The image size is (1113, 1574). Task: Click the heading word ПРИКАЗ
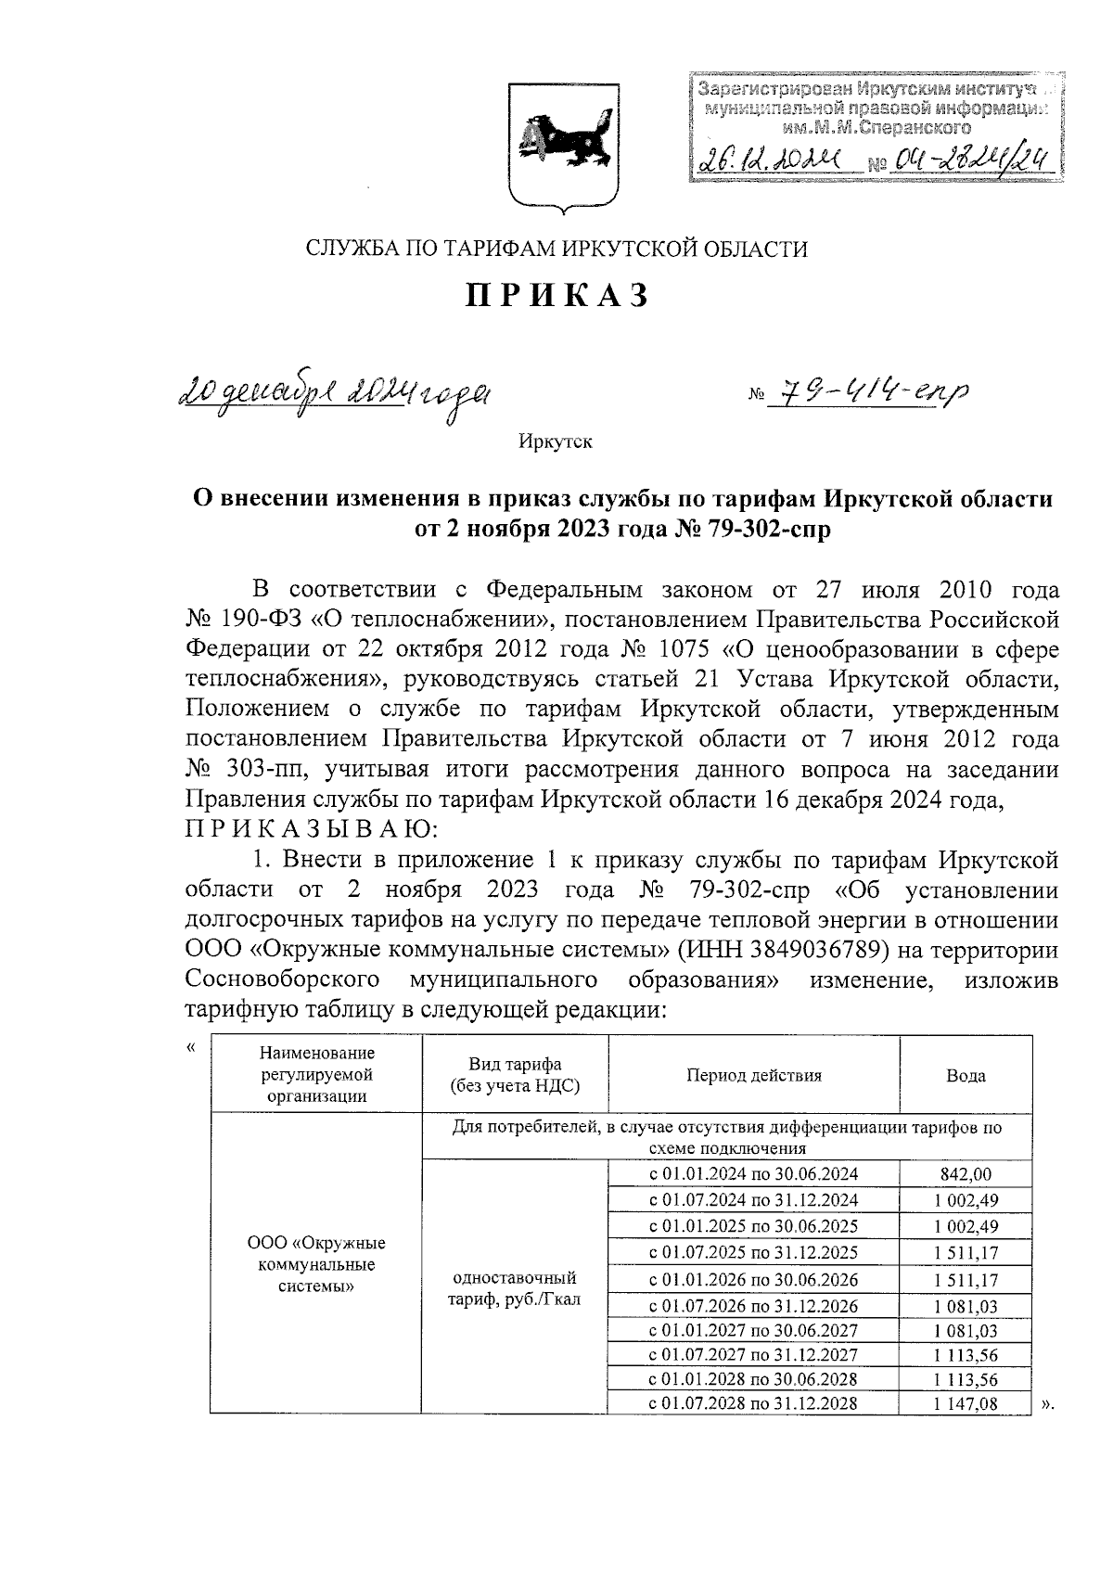(556, 296)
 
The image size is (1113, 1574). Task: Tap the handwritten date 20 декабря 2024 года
(336, 395)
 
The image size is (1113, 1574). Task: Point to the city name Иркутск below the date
(556, 441)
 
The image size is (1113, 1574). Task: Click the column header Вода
(966, 1076)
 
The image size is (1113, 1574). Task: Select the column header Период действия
(753, 1076)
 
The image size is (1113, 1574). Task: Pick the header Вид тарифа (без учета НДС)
(515, 1076)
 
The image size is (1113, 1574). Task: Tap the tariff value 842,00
(966, 1173)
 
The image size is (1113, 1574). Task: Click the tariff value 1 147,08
(966, 1403)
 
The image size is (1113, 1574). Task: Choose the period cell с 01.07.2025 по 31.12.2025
(753, 1252)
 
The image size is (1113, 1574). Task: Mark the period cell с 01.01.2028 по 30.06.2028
(753, 1378)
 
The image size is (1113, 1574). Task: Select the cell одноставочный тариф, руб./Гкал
(515, 1288)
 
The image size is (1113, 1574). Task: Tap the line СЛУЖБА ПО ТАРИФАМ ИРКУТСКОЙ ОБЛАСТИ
(556, 249)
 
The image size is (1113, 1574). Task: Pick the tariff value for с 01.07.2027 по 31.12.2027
(966, 1355)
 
